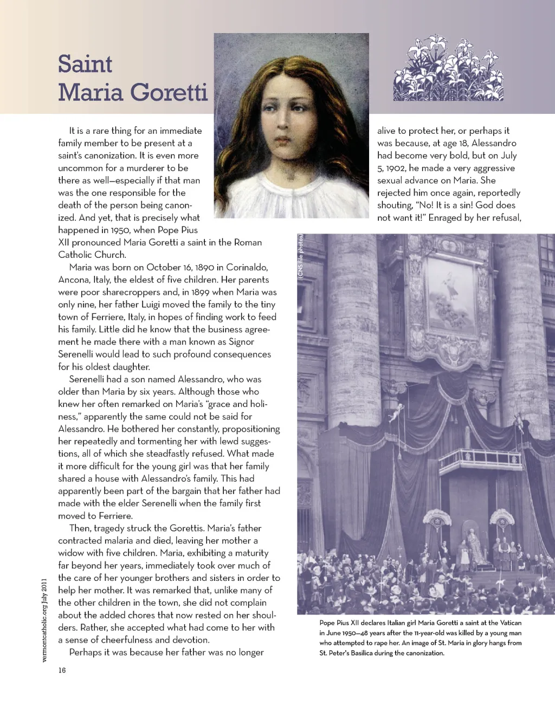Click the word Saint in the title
[85, 64]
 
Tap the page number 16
[62, 670]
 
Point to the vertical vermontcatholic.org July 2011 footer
[45, 620]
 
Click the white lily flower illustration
[448, 68]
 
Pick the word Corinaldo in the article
[247, 267]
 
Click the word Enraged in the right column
[447, 218]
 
